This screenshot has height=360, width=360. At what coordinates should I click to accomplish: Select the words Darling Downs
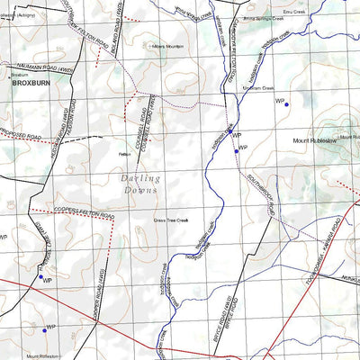coord(139,184)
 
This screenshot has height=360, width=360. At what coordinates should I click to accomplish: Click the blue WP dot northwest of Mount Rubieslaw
coord(286,105)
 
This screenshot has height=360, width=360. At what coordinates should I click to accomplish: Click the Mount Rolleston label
coord(45,356)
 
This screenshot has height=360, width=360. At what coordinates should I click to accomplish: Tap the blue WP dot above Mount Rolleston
coord(43,329)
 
